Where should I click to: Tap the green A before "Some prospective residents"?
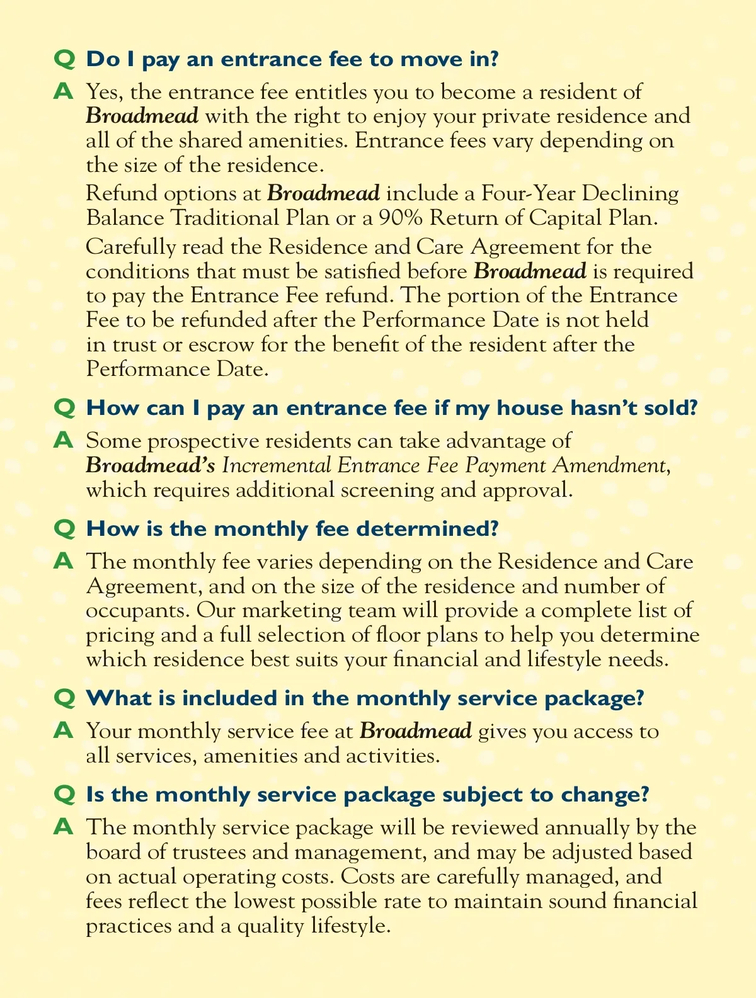pyautogui.click(x=64, y=440)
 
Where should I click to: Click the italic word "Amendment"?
pyautogui.click(x=609, y=465)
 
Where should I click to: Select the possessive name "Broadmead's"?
pyautogui.click(x=151, y=465)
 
